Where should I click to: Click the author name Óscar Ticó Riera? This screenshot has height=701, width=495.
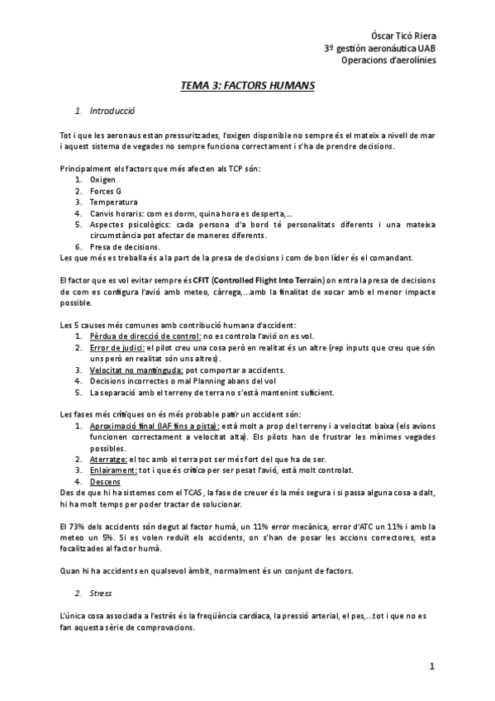(402, 36)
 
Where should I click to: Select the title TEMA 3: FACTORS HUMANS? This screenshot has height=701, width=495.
(248, 85)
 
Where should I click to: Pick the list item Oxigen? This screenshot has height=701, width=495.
(103, 179)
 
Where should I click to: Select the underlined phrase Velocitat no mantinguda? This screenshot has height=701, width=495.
(136, 370)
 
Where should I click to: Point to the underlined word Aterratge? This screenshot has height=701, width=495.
(108, 458)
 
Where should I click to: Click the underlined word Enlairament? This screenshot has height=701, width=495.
(113, 470)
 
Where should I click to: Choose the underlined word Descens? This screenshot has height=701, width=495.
(105, 481)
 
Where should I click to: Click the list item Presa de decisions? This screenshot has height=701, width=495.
(125, 246)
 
